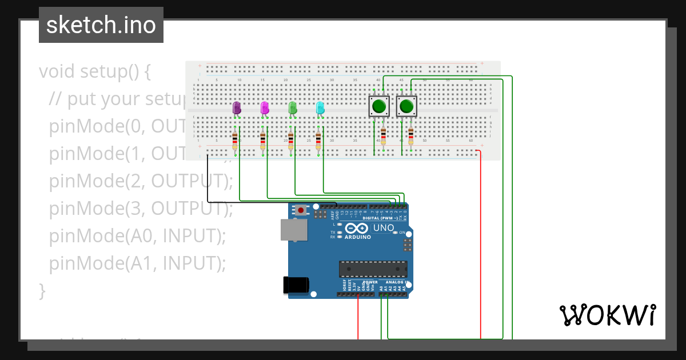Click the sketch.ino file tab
point(101,25)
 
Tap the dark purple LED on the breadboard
point(237,108)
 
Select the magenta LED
point(264,108)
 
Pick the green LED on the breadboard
point(292,108)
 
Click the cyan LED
point(320,108)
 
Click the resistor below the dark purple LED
point(235,139)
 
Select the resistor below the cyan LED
point(318,139)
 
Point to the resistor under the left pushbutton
point(383,136)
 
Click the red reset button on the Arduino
point(301,210)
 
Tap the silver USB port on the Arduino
point(294,230)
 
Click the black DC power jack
point(296,285)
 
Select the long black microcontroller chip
point(373,269)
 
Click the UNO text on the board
point(384,228)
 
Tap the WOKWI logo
point(607,315)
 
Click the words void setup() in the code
point(95,72)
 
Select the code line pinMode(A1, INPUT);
point(138,263)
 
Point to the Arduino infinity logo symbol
point(357,229)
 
